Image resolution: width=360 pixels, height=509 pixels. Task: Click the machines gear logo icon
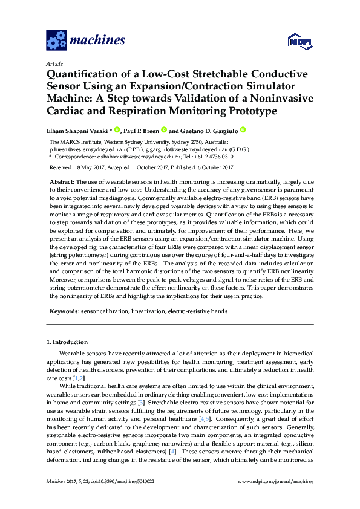[x=56, y=41]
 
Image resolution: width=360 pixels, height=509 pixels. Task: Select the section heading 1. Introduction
[x=67, y=342]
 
